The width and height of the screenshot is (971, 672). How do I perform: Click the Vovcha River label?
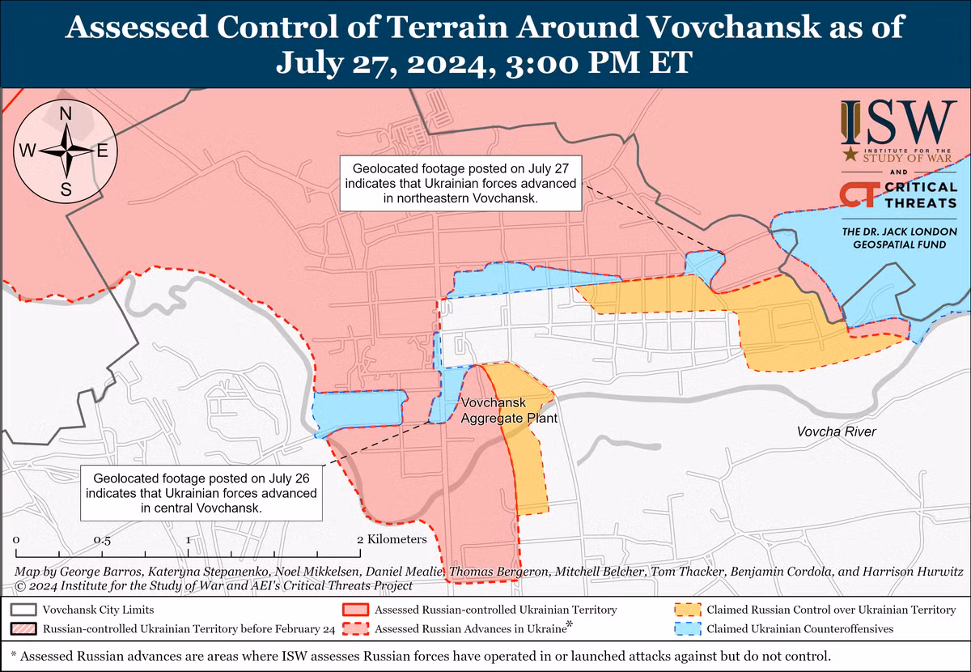click(x=837, y=432)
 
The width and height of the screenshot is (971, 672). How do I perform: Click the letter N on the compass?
click(x=66, y=114)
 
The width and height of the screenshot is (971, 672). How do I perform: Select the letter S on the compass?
click(x=66, y=189)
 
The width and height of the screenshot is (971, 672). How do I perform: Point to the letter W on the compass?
click(x=27, y=151)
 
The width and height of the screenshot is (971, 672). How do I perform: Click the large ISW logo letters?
click(x=898, y=121)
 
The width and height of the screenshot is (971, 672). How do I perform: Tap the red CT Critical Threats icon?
click(x=856, y=195)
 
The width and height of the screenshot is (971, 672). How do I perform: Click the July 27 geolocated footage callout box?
click(x=460, y=185)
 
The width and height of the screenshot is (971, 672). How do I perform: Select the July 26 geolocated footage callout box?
click(x=201, y=493)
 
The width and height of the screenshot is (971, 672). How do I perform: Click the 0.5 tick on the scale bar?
click(x=102, y=539)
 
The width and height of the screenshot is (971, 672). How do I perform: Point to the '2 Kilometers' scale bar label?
click(x=392, y=539)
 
